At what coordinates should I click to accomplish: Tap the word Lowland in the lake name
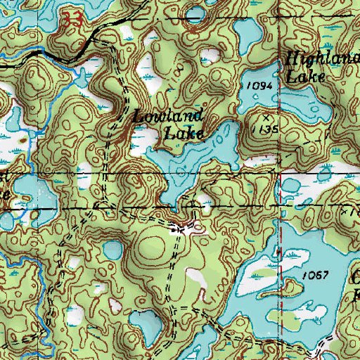169,117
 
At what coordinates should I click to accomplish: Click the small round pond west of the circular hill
112,250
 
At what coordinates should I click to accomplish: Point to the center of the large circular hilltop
152,245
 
